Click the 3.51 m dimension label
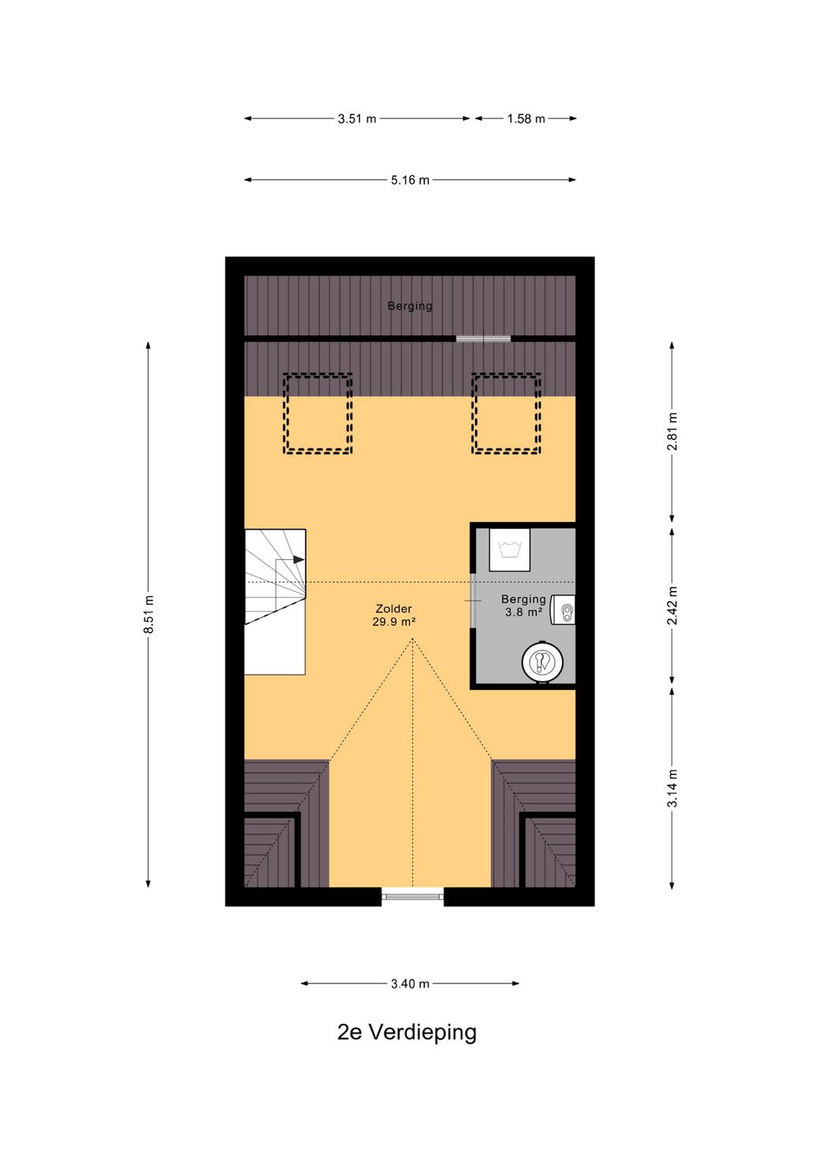(x=357, y=119)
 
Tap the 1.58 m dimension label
(x=525, y=119)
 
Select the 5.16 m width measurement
(x=410, y=181)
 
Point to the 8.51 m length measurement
(x=149, y=614)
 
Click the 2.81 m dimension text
(x=671, y=431)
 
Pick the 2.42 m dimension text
(x=671, y=606)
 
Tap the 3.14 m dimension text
(x=671, y=788)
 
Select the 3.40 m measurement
(x=410, y=983)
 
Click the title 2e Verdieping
(x=407, y=1032)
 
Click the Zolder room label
(x=394, y=609)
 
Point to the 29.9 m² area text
(x=394, y=622)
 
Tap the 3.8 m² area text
(x=524, y=612)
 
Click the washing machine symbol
(x=509, y=549)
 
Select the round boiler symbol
(x=542, y=662)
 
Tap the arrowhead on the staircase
(x=298, y=559)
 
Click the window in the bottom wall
(x=412, y=896)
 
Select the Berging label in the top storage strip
(x=410, y=306)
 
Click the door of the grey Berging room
(x=472, y=601)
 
